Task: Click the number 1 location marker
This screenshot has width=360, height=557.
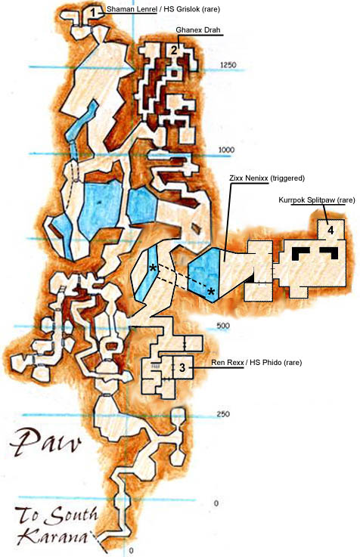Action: pyautogui.click(x=93, y=12)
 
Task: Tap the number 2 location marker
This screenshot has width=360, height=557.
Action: pyautogui.click(x=174, y=51)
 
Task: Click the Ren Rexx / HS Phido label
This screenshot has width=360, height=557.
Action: pyautogui.click(x=246, y=364)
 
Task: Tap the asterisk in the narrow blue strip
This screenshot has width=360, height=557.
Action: pyautogui.click(x=154, y=269)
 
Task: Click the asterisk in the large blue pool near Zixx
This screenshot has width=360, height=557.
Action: pyautogui.click(x=211, y=291)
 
